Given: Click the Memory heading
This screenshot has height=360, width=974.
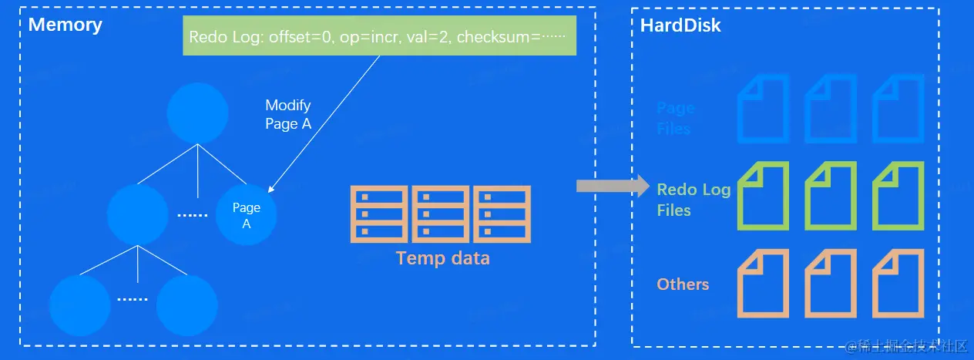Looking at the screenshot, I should (x=65, y=25).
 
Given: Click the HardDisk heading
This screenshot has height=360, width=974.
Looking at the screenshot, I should (x=680, y=25).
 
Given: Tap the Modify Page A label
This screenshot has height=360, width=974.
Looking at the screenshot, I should (x=287, y=114).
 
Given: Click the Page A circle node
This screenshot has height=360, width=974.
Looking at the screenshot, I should (x=247, y=215).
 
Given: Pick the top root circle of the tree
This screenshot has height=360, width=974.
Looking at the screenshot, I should (x=197, y=113).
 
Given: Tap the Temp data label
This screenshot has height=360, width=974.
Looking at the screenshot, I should (x=442, y=258).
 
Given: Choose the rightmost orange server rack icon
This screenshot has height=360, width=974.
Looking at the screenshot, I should (x=502, y=213).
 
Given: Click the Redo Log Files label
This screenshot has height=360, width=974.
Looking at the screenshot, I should (x=693, y=200).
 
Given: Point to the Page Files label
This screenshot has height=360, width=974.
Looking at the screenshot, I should (x=675, y=118).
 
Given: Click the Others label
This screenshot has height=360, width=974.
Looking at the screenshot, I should (x=683, y=284).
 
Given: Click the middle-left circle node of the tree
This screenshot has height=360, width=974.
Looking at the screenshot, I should (x=138, y=215).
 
